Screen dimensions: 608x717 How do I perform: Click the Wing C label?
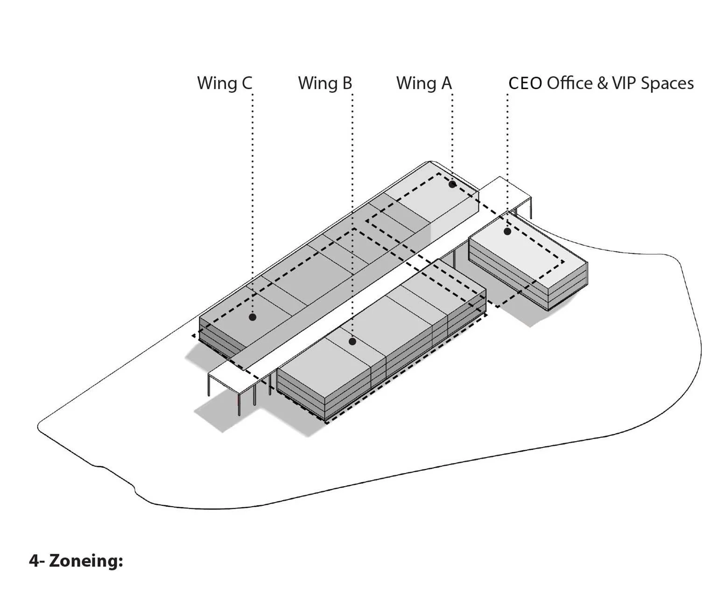point(225,83)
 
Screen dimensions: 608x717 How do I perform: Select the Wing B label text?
point(325,83)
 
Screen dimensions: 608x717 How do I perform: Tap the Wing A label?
point(424,83)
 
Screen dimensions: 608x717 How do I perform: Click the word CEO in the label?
point(525,83)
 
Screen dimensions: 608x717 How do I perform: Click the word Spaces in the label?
point(667,83)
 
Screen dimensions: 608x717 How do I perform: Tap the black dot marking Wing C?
point(253,317)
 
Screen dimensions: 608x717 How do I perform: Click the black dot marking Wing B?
point(352,342)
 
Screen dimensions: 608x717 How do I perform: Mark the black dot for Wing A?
point(452,184)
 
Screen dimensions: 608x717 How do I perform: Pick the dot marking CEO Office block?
point(507,231)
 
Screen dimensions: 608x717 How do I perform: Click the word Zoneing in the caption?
point(86,560)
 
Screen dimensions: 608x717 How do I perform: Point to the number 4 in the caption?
point(34,560)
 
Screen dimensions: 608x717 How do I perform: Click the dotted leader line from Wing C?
point(253,201)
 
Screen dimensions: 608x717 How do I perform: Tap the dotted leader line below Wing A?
point(452,135)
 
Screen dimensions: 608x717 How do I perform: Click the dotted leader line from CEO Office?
point(507,159)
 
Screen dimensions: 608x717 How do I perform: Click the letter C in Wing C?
point(246,83)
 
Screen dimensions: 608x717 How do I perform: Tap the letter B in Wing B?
point(346,83)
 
